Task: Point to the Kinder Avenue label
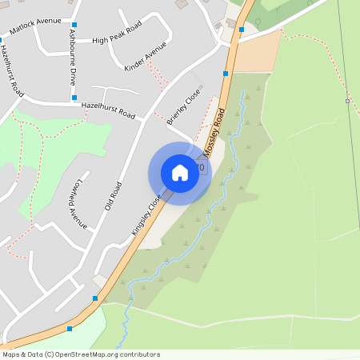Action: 146,57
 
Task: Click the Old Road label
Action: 113,195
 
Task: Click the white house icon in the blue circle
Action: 180,173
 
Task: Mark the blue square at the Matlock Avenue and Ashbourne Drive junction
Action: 74,25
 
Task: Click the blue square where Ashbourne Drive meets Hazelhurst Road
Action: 74,98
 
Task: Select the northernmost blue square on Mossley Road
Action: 242,30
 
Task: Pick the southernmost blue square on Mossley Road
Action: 70,328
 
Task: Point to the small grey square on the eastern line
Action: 347,101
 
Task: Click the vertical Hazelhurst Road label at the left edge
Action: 11,68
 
